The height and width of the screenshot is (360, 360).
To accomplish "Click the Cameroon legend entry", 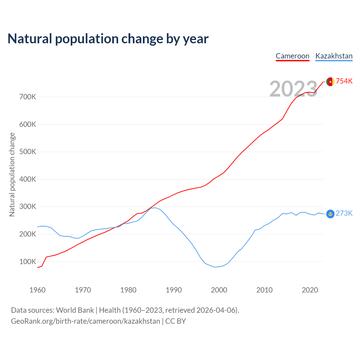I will click(292, 56).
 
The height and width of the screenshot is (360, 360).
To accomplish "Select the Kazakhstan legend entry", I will click(334, 56).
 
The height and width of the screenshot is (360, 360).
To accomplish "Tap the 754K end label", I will click(344, 81).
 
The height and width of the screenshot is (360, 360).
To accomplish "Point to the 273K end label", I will click(344, 213).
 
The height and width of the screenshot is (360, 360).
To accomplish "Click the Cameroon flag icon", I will click(330, 82).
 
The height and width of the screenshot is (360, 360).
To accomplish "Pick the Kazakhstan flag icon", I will click(330, 214).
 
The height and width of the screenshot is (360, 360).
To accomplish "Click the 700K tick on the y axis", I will click(28, 97).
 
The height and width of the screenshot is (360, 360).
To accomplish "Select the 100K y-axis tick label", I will click(28, 262).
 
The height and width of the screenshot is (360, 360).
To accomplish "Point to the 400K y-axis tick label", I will click(28, 179).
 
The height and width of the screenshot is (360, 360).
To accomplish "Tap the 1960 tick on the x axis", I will click(37, 290).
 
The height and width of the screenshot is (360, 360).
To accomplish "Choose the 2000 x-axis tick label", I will click(219, 290).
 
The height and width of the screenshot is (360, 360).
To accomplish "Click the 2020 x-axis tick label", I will click(310, 290).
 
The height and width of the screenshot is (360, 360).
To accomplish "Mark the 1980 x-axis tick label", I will click(128, 290).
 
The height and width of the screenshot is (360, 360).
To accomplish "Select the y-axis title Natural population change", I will click(12, 175).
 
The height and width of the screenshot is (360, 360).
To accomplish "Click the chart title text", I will click(108, 39).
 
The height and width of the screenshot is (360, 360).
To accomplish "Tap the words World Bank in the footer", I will click(75, 310).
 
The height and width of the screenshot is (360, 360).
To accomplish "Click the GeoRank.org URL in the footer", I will click(85, 321).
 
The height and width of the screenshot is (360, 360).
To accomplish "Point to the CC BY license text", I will click(175, 321).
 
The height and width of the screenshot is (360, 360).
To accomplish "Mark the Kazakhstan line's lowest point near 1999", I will click(215, 267).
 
